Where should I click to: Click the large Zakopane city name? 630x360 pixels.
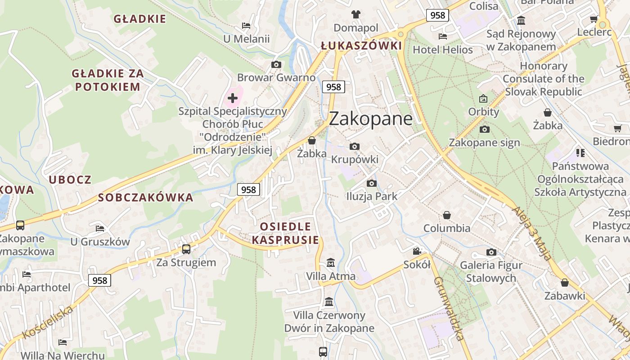click(x=370, y=119)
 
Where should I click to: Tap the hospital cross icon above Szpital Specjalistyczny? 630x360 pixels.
click(x=233, y=98)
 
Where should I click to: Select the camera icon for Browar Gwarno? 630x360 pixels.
click(x=276, y=65)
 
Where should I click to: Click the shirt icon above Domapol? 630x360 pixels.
click(x=356, y=14)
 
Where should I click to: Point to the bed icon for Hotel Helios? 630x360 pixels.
click(x=443, y=36)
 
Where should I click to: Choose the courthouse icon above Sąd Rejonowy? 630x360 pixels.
click(x=522, y=21)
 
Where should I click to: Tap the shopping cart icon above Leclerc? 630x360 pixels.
click(x=594, y=19)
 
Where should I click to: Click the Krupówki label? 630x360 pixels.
click(x=355, y=160)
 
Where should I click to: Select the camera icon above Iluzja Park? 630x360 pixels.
click(x=372, y=183)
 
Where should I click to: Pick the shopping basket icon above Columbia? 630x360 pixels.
click(x=447, y=215)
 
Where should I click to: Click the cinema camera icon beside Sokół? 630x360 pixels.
click(x=417, y=251)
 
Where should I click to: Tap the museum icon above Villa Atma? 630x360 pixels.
click(x=331, y=262)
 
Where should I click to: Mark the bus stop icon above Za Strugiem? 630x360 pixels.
click(x=186, y=249)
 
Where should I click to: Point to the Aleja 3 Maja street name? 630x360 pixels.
click(x=531, y=234)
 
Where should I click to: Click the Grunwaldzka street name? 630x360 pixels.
click(x=449, y=308)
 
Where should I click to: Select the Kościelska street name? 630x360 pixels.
click(x=47, y=322)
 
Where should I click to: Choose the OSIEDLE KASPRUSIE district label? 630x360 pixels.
click(x=285, y=233)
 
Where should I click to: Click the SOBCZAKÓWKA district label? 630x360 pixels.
click(x=145, y=198)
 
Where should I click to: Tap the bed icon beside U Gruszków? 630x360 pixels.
click(x=100, y=229)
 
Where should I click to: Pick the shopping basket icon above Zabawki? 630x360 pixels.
click(x=565, y=283)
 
